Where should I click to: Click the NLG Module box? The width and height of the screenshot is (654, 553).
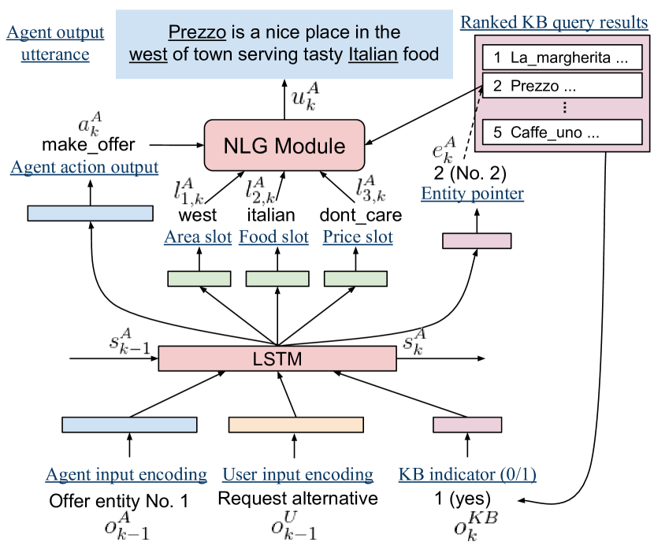click(x=284, y=146)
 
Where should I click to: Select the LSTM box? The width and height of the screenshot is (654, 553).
click(x=277, y=360)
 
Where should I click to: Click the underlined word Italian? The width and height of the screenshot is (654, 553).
click(x=373, y=55)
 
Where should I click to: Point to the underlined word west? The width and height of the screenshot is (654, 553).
click(x=149, y=55)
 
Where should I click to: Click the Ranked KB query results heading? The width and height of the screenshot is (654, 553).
click(x=554, y=22)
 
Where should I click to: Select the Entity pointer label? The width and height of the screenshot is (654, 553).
click(x=472, y=194)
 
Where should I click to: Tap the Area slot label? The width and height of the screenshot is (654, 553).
click(x=198, y=237)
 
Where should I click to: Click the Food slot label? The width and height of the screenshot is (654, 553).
click(x=273, y=237)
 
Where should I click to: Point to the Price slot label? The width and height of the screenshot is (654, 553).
click(x=358, y=237)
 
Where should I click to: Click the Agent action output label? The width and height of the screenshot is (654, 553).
click(x=84, y=168)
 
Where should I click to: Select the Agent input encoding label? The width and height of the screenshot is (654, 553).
click(x=126, y=475)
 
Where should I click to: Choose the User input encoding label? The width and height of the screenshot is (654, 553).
click(x=298, y=475)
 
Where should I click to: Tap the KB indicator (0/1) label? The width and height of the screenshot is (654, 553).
click(x=467, y=475)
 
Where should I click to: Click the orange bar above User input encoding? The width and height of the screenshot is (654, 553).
click(x=295, y=425)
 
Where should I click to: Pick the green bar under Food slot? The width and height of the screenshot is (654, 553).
click(x=277, y=279)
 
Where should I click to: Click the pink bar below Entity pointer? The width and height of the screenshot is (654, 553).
click(x=477, y=241)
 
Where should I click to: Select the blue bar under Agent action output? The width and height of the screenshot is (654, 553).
click(x=90, y=213)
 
